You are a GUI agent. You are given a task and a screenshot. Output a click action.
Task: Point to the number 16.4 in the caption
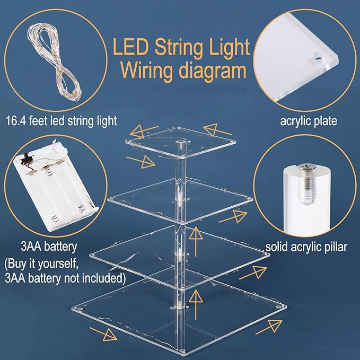click(16, 121)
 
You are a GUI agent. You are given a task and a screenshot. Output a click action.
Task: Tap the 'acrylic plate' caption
click(309, 121)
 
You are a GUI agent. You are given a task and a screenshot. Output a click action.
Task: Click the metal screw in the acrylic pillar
click(305, 183)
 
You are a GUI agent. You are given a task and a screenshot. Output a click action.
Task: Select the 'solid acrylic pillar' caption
click(306, 247)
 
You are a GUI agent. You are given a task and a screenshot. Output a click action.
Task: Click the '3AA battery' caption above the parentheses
click(49, 247)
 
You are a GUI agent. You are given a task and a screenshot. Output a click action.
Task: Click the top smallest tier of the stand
click(180, 142)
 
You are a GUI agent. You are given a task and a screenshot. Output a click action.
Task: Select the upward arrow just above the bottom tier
click(196, 304)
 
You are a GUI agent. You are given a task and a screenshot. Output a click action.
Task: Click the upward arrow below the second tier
click(196, 241)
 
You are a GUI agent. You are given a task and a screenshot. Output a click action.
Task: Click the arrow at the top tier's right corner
click(217, 130)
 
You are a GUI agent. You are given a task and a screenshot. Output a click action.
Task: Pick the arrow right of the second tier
click(233, 217)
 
